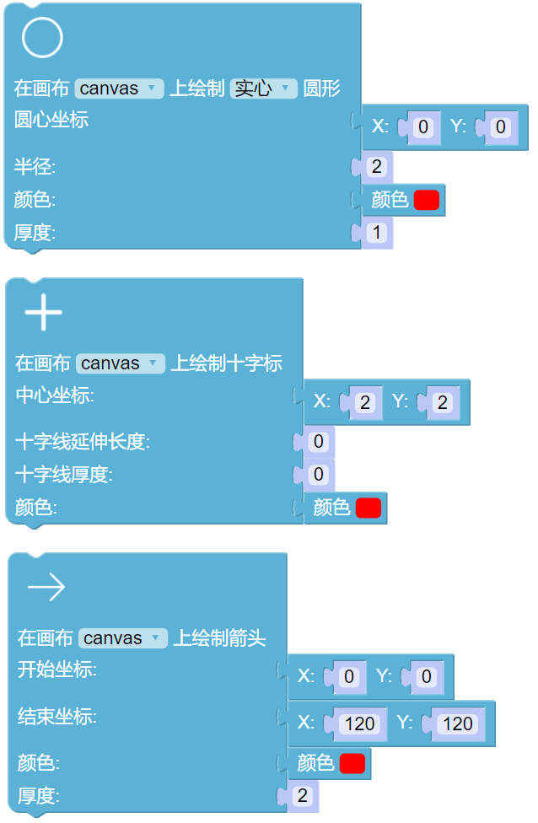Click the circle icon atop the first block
[x=42, y=39]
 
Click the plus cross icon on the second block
[x=44, y=314]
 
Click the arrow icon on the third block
[x=46, y=588]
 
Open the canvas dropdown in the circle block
[x=119, y=89]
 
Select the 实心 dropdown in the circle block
[x=264, y=89]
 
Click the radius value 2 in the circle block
[x=376, y=167]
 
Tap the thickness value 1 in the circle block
[x=376, y=233]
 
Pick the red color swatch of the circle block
[x=427, y=200]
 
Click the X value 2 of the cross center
[x=364, y=402]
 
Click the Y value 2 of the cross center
[x=442, y=402]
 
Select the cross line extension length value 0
[x=318, y=442]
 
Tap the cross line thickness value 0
[x=318, y=475]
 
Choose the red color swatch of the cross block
[x=369, y=508]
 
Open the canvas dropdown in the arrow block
[x=123, y=638]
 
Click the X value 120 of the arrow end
[x=360, y=723]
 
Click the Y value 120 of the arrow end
[x=458, y=723]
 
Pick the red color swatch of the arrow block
[x=352, y=763]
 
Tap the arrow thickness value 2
[x=302, y=795]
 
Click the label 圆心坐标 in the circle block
[x=51, y=120]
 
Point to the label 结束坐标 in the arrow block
[x=57, y=717]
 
